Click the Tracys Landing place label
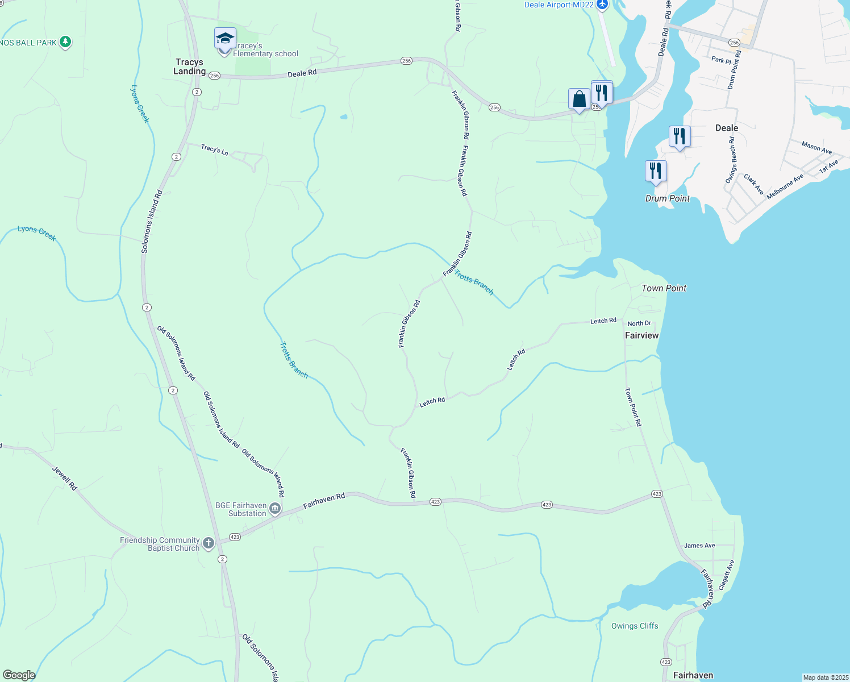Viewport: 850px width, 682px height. (189, 66)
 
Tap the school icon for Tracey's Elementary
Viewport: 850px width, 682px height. (224, 39)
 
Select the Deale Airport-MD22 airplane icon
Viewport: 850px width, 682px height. (602, 5)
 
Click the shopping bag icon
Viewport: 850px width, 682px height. (579, 99)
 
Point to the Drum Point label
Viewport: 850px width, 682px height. (668, 198)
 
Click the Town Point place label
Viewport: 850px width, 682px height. (664, 288)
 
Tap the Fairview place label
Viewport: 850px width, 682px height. (641, 335)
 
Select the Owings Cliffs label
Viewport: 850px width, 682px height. (635, 626)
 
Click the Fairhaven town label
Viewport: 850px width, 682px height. (693, 675)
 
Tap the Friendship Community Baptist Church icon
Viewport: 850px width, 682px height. (209, 543)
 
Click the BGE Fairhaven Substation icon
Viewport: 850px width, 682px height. (275, 509)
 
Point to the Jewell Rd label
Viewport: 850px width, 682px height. (64, 479)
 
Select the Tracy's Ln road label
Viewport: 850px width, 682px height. (214, 149)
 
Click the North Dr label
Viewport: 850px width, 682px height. (639, 323)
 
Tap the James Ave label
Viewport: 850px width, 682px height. (699, 546)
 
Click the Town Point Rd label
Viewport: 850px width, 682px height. (633, 407)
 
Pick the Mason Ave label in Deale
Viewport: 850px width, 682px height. (816, 148)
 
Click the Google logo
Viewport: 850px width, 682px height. (19, 675)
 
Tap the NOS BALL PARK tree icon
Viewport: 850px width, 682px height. (65, 41)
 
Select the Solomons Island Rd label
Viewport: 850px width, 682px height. (152, 222)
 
